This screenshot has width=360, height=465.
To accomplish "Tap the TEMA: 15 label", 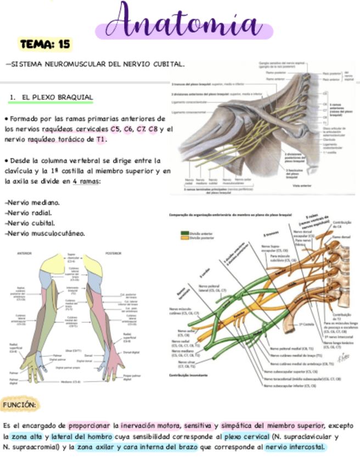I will (x=44, y=44).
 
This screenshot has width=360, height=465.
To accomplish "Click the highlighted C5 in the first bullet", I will (x=115, y=129).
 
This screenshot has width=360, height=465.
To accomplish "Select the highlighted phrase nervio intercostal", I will (x=295, y=447).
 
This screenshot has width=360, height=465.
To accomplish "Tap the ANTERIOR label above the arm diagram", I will (x=25, y=254).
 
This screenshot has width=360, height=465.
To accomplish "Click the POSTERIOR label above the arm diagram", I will (x=113, y=254).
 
